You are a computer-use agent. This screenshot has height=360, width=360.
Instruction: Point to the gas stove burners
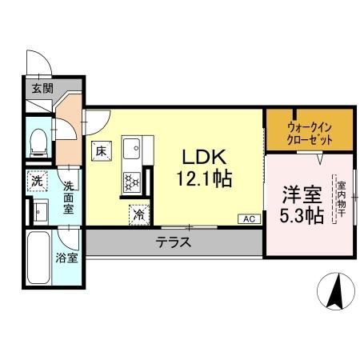[x=130, y=182]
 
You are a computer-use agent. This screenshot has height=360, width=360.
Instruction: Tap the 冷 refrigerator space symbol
[x=139, y=214]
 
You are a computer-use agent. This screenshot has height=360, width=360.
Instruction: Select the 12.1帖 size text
[x=204, y=178]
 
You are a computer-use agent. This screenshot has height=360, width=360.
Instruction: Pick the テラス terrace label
[x=173, y=242]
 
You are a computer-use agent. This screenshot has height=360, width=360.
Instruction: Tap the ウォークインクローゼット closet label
[x=309, y=130]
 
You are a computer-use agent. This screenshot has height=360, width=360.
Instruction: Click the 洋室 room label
[x=301, y=194]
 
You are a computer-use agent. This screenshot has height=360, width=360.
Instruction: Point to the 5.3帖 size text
[x=302, y=215]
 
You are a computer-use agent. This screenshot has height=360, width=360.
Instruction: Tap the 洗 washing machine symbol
[x=37, y=182]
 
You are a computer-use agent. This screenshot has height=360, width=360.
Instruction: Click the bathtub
[x=38, y=261]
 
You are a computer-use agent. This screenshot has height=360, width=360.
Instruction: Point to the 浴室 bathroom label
[x=67, y=258]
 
